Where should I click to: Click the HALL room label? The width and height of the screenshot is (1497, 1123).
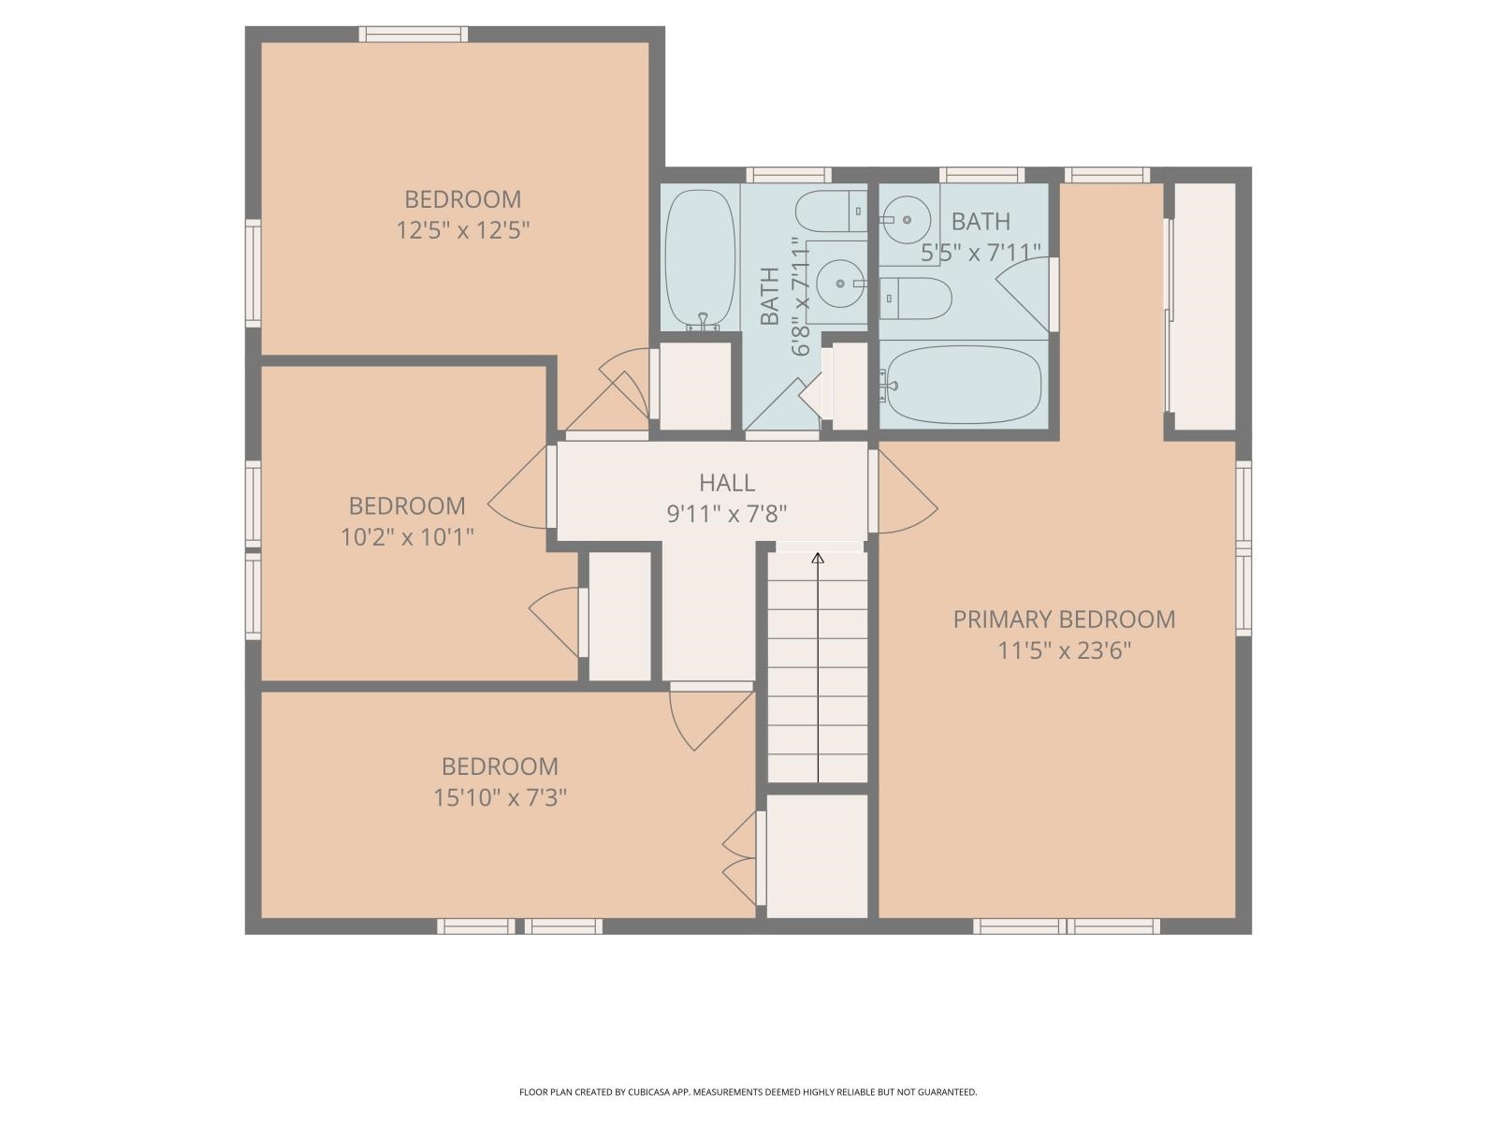point(727,483)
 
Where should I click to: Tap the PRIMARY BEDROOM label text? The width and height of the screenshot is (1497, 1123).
point(1064,620)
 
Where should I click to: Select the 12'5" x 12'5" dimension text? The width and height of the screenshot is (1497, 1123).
point(463,230)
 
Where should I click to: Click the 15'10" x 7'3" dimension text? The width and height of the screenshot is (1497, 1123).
point(500,798)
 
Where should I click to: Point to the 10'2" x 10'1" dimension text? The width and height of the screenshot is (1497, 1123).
point(407,537)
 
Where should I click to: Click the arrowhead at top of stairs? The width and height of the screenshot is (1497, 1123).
point(818,559)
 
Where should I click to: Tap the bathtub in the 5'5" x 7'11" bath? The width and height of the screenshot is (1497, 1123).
point(963,385)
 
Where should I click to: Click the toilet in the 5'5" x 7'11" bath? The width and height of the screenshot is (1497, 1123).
point(916,299)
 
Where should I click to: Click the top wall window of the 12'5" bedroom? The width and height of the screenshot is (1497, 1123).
point(414,35)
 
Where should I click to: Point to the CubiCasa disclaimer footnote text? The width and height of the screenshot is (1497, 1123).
point(748,1092)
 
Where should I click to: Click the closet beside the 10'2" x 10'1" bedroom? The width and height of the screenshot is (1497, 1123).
point(619,617)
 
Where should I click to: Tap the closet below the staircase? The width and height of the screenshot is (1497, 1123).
point(817,855)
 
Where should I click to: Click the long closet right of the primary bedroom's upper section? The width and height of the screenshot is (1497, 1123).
point(1205,306)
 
